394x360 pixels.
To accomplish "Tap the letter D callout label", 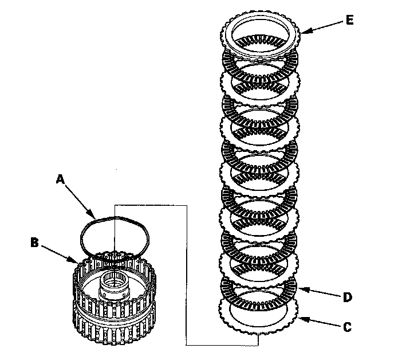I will point(347,298).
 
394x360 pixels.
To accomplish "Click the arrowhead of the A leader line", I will point(96,218).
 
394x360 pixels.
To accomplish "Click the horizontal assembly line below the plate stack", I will point(223,345).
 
